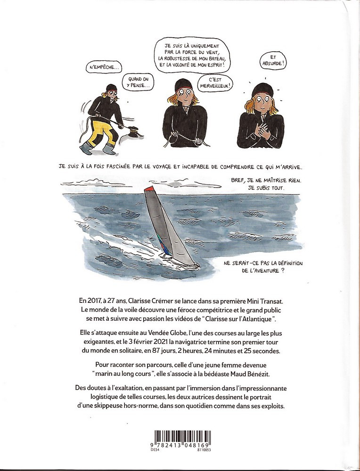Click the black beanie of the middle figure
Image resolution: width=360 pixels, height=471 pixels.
182,87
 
